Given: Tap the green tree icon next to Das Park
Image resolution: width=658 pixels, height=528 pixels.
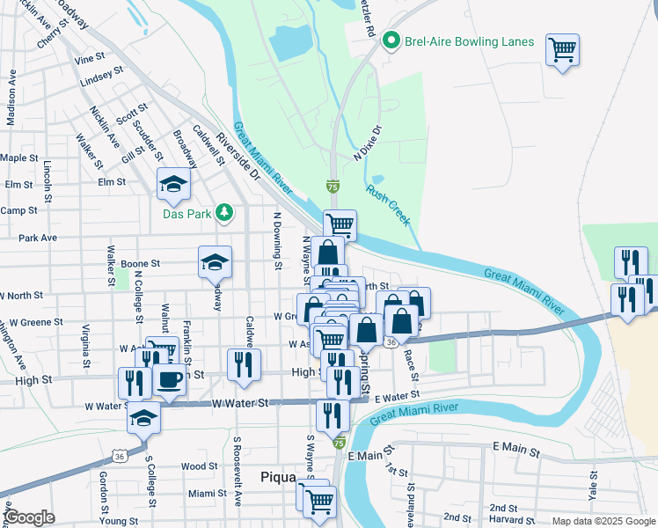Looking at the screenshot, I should (x=225, y=211).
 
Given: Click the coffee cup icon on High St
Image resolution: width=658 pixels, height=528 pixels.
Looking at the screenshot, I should (x=170, y=380).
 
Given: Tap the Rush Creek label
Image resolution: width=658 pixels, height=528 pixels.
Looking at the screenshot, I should (x=388, y=204).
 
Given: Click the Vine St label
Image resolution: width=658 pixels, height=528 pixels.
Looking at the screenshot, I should (x=90, y=59).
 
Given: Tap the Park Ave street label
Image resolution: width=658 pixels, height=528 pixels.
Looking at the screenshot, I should (x=38, y=238).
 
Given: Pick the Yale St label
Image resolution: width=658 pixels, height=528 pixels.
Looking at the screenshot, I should (x=594, y=484).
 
